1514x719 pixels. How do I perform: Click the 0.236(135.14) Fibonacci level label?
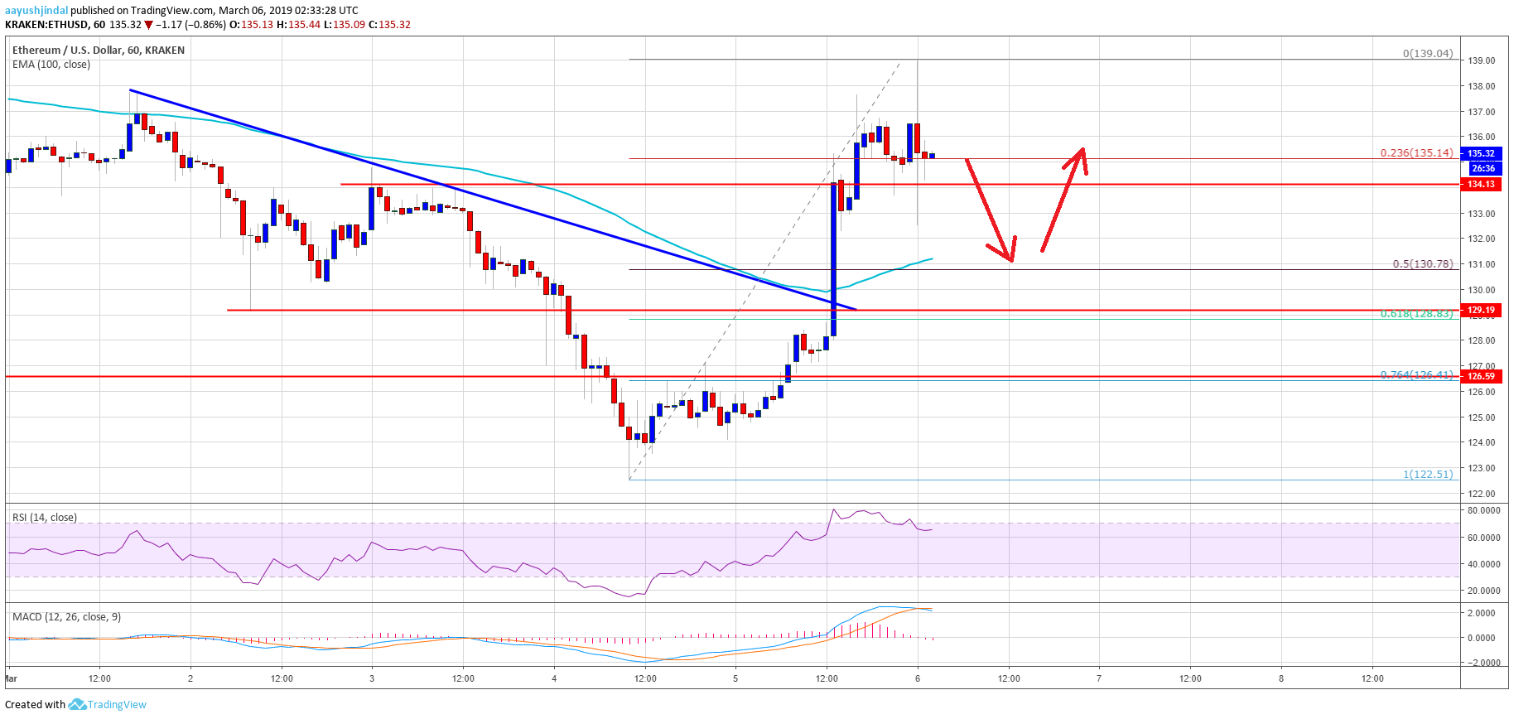point(1416,152)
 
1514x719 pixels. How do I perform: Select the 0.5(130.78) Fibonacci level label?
point(1422,264)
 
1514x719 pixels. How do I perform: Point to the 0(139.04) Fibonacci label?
point(1427,53)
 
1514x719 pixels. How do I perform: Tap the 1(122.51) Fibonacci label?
point(1427,474)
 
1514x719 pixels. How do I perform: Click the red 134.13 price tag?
point(1481,184)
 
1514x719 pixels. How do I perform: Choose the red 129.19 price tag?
point(1481,310)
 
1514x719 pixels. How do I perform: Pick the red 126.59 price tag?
point(1481,376)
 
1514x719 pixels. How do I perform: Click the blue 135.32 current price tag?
point(1481,153)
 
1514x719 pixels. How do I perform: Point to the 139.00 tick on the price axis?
point(1481,60)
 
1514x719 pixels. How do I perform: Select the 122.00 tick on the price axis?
point(1481,494)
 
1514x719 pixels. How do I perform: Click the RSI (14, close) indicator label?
point(45,518)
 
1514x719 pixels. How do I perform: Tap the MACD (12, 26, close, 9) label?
point(66,617)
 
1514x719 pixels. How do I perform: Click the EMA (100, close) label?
point(51,65)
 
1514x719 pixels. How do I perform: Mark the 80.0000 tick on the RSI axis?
point(1483,511)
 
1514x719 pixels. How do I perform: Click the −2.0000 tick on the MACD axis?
point(1483,663)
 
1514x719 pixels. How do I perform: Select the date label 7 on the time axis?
point(1099,678)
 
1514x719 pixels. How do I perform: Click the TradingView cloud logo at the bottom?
point(78,704)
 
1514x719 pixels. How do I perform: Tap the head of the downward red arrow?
point(1010,259)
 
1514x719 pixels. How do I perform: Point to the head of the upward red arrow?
point(1081,150)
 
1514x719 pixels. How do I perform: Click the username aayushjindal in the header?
point(36,11)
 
